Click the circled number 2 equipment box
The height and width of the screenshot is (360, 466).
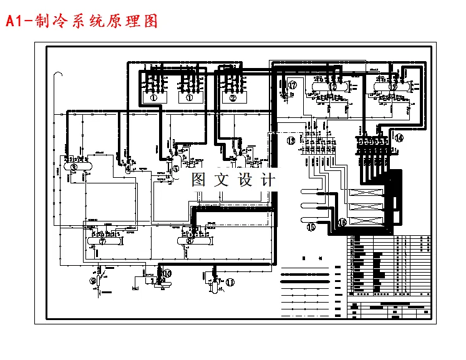233,97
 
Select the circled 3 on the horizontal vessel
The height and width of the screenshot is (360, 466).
74,167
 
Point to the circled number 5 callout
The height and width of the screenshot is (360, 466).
176,168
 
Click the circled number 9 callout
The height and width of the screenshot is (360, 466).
93,281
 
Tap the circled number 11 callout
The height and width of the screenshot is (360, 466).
230,282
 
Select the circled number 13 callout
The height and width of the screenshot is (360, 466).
291,141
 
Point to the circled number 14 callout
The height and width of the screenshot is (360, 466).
399,138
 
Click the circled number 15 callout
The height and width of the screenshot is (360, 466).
311,228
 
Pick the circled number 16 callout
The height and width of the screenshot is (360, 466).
341,222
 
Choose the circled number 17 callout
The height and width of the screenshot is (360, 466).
293,85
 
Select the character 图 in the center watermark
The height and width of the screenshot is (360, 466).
198,181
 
